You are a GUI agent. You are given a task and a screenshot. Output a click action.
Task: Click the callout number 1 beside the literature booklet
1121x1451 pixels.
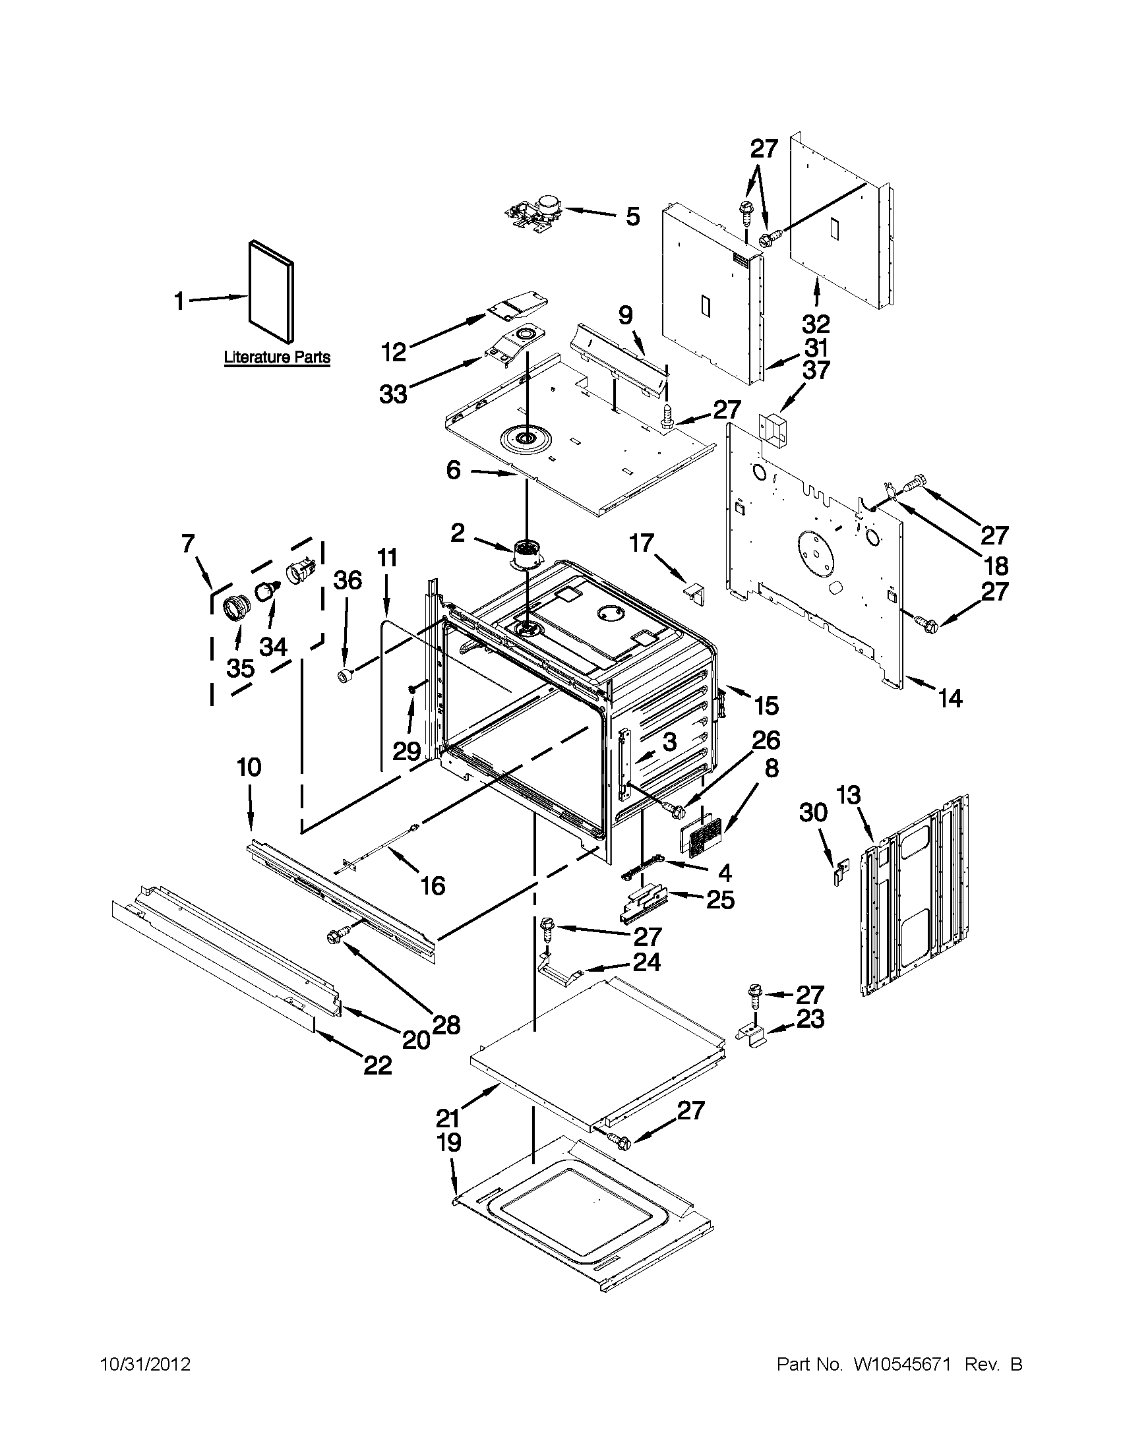coord(179,302)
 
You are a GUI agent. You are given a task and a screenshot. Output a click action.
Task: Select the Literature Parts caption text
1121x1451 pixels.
coord(276,357)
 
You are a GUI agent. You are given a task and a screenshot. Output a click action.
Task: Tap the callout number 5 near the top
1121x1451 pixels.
coord(632,216)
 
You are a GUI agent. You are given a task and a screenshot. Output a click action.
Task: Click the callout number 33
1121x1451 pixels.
coord(394,395)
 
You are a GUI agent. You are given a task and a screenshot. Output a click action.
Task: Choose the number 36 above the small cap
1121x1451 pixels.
coord(347,580)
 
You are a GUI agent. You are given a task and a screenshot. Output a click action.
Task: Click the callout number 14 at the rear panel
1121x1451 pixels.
coord(950,698)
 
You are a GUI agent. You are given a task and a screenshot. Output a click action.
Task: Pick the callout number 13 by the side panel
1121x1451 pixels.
coord(849,794)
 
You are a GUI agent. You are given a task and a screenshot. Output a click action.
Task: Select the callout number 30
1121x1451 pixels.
coord(812,812)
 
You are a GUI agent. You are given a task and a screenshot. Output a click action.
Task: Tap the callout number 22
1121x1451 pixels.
coord(377,1065)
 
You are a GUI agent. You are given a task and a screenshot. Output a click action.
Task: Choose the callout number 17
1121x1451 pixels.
coord(642,543)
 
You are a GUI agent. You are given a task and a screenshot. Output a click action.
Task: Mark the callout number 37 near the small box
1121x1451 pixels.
coord(816,370)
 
